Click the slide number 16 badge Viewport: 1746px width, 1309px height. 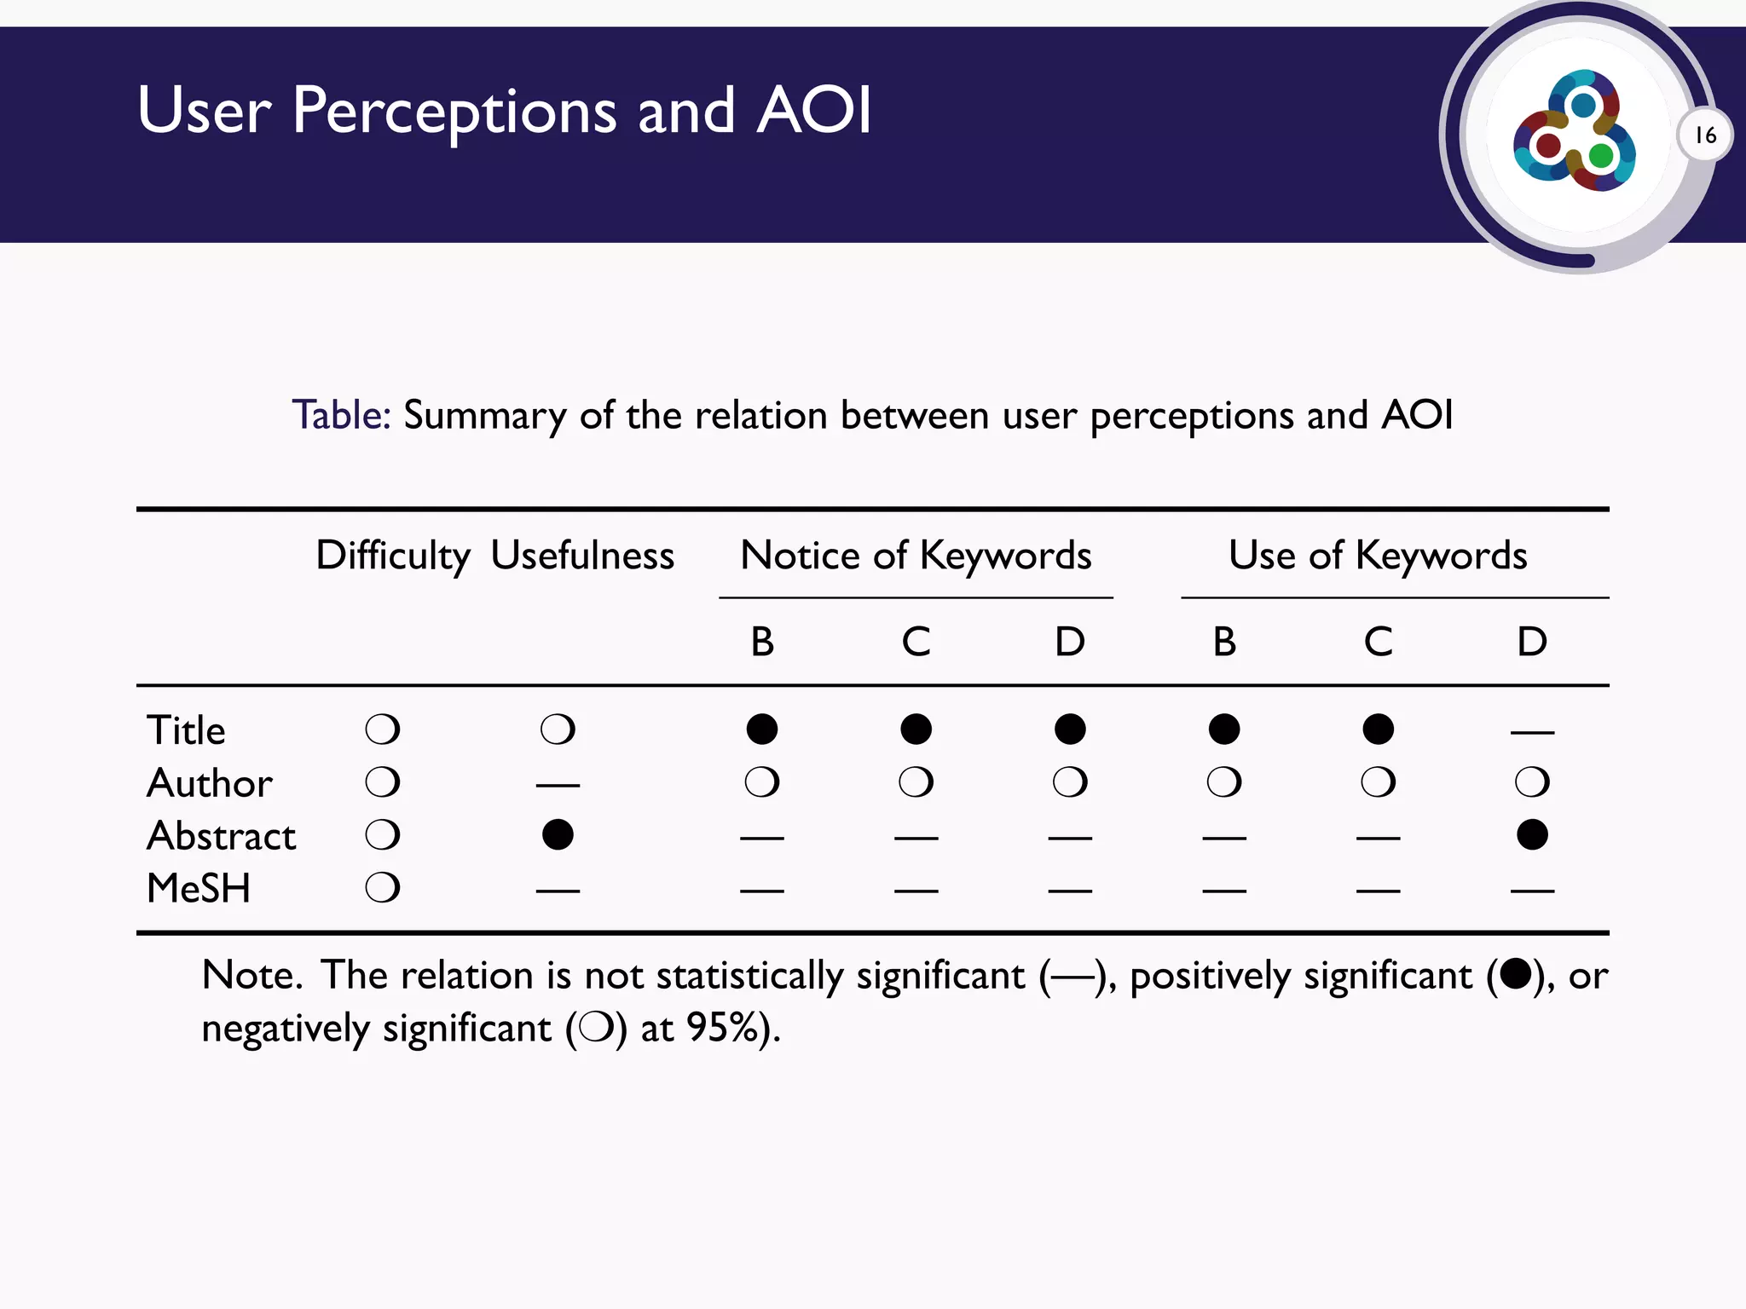point(1705,136)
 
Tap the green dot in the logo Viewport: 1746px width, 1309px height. point(1600,156)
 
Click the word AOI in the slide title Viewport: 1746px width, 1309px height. point(814,111)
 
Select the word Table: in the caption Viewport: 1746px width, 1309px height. point(341,416)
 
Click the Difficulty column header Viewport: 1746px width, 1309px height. point(392,556)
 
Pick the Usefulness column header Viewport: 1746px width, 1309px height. point(582,556)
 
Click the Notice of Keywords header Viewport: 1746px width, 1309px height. point(916,556)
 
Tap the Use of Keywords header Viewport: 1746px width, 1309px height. point(1378,556)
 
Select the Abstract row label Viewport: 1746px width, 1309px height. point(222,836)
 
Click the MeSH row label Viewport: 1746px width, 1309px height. point(199,889)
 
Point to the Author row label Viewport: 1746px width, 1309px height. point(210,783)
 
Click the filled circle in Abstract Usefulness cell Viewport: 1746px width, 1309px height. point(558,834)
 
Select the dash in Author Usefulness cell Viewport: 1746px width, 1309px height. point(558,785)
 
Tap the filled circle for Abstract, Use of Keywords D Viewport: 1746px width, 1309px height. point(1532,834)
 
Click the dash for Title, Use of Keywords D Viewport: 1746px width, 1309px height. point(1532,732)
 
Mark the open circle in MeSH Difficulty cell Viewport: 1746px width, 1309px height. point(383,888)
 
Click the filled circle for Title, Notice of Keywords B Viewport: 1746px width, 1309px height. point(762,729)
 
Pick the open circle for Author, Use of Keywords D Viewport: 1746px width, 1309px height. point(1532,781)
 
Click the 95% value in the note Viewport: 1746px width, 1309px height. point(723,1029)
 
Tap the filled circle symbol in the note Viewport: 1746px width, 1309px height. point(1515,973)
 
